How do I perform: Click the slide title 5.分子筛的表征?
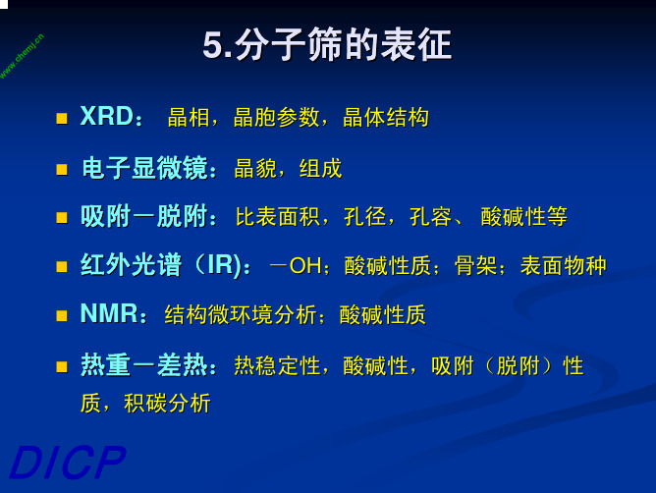pyautogui.click(x=327, y=45)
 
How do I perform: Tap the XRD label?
pyautogui.click(x=107, y=116)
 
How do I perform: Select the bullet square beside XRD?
pyautogui.click(x=62, y=119)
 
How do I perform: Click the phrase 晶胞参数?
pyautogui.click(x=276, y=117)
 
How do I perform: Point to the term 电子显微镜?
pyautogui.click(x=144, y=168)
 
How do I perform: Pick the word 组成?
pyautogui.click(x=321, y=169)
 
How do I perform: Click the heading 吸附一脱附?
pyautogui.click(x=144, y=217)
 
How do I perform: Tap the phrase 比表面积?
pyautogui.click(x=278, y=217)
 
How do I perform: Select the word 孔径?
pyautogui.click(x=364, y=217)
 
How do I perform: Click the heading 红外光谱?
pyautogui.click(x=131, y=265)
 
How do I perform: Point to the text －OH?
pyautogui.click(x=296, y=266)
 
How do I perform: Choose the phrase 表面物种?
pyautogui.click(x=563, y=266)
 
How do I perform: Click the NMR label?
pyautogui.click(x=109, y=313)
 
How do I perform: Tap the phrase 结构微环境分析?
pyautogui.click(x=241, y=314)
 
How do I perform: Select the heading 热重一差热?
pyautogui.click(x=144, y=365)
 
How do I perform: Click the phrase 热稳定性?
pyautogui.click(x=277, y=365)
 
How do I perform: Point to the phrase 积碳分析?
pyautogui.click(x=167, y=404)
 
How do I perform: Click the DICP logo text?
pyautogui.click(x=68, y=462)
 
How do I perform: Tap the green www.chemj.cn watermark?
pyautogui.click(x=22, y=56)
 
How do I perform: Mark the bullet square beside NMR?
pyautogui.click(x=62, y=315)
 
